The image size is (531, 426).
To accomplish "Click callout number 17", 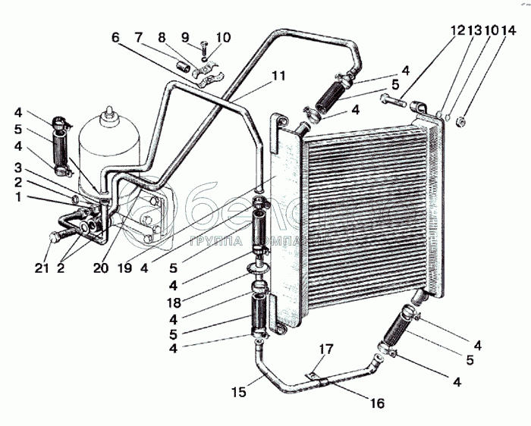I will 325,349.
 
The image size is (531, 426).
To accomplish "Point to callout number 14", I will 509,30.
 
